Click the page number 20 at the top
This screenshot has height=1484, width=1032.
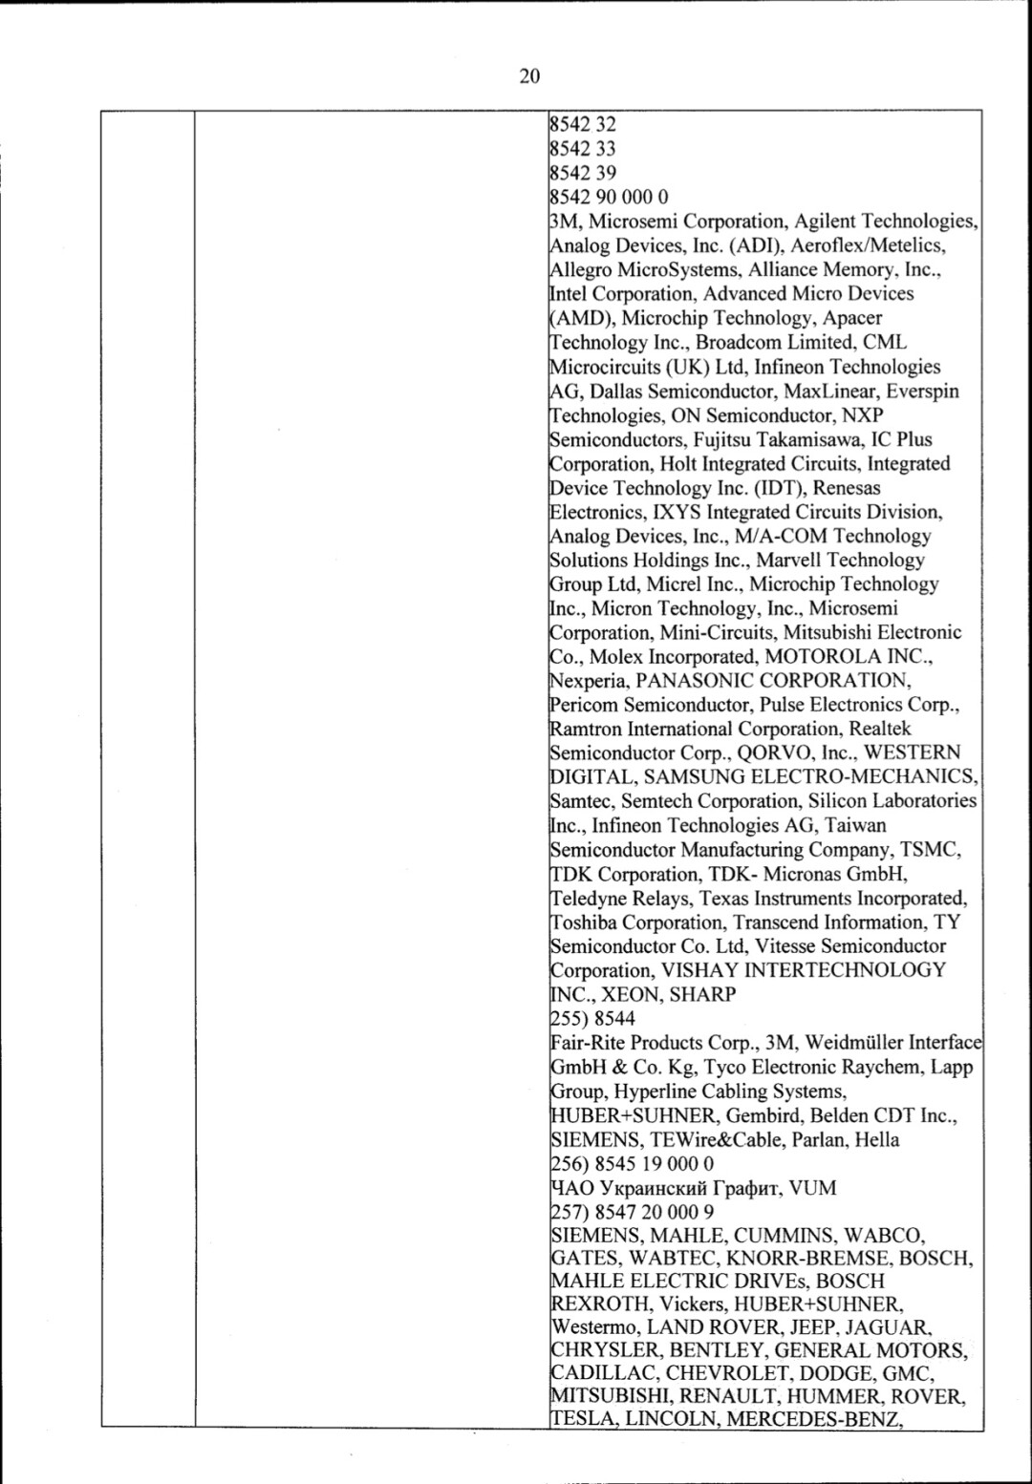(x=529, y=76)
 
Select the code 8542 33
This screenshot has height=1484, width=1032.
(x=583, y=148)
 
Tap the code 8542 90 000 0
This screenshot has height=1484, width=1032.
(x=609, y=197)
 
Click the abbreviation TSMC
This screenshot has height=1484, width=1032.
(x=934, y=850)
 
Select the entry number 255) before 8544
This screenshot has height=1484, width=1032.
(x=569, y=1019)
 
